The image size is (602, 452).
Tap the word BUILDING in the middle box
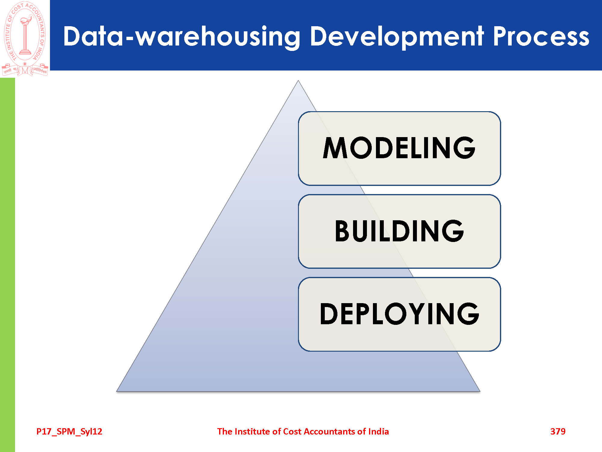[399, 231]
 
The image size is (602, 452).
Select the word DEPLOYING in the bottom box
[399, 314]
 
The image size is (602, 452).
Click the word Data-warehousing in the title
[182, 37]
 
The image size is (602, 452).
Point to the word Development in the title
[397, 37]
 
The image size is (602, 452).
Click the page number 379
[558, 432]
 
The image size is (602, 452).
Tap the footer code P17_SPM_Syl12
[69, 432]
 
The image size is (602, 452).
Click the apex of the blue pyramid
[298, 80]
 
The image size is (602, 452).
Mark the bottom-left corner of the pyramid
[117, 391]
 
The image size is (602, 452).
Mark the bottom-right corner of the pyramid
[480, 391]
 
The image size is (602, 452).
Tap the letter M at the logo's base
[25, 71]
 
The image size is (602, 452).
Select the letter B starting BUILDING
[342, 231]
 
